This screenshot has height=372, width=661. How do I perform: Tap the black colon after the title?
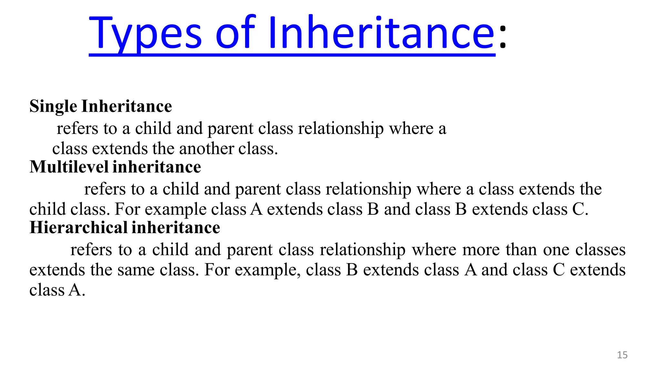pyautogui.click(x=503, y=37)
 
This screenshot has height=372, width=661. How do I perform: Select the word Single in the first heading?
pyautogui.click(x=53, y=106)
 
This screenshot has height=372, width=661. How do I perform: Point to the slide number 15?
pyautogui.click(x=622, y=355)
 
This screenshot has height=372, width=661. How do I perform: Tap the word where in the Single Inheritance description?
pyautogui.click(x=411, y=129)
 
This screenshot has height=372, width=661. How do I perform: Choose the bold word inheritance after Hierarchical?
pyautogui.click(x=176, y=228)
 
